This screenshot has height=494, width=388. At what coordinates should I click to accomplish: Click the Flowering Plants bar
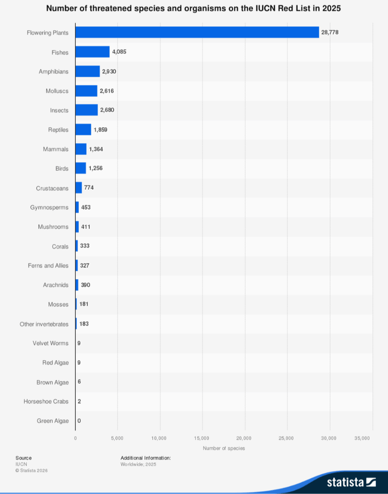coord(197,33)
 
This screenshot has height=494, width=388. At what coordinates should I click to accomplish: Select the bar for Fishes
coord(92,52)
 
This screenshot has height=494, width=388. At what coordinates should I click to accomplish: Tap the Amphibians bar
coord(87,71)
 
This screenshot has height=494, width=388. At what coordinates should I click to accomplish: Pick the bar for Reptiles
coord(83,130)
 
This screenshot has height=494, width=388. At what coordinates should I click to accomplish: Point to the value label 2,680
coord(107,110)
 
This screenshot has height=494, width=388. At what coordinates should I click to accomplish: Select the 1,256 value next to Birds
coord(96,168)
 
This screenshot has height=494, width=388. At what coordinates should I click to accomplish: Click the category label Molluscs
coord(57,91)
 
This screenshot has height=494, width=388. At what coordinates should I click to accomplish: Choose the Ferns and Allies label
coord(48,265)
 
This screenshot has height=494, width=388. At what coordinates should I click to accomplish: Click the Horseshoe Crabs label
coord(46,401)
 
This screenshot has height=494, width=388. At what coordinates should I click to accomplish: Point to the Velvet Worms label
coord(51,343)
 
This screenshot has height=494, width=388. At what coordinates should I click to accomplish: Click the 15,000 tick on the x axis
coord(202,438)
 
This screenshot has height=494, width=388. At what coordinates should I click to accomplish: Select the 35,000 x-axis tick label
coord(362,438)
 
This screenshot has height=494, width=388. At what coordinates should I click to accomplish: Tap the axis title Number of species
coord(224,448)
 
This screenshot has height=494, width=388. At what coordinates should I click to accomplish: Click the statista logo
coord(351,482)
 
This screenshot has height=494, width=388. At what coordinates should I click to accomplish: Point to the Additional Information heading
coord(146,458)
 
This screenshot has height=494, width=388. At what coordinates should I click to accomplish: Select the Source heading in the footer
coord(23,458)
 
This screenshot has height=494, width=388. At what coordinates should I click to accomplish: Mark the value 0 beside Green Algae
coord(79,421)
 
